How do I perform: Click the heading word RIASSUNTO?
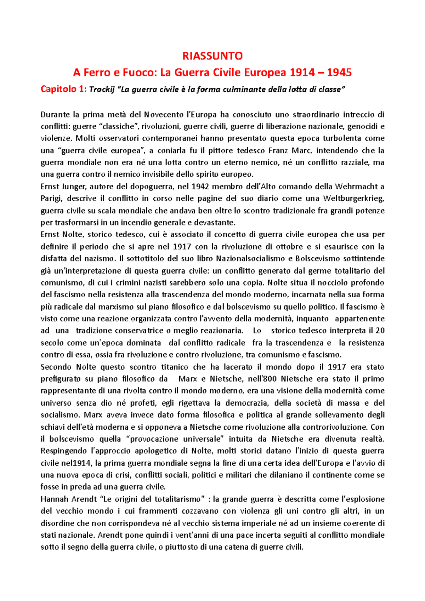pos(212,56)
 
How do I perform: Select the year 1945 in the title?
pos(339,73)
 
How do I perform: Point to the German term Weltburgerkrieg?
pos(353,199)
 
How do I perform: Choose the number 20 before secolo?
pos(380,331)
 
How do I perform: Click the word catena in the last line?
pos(241,547)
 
